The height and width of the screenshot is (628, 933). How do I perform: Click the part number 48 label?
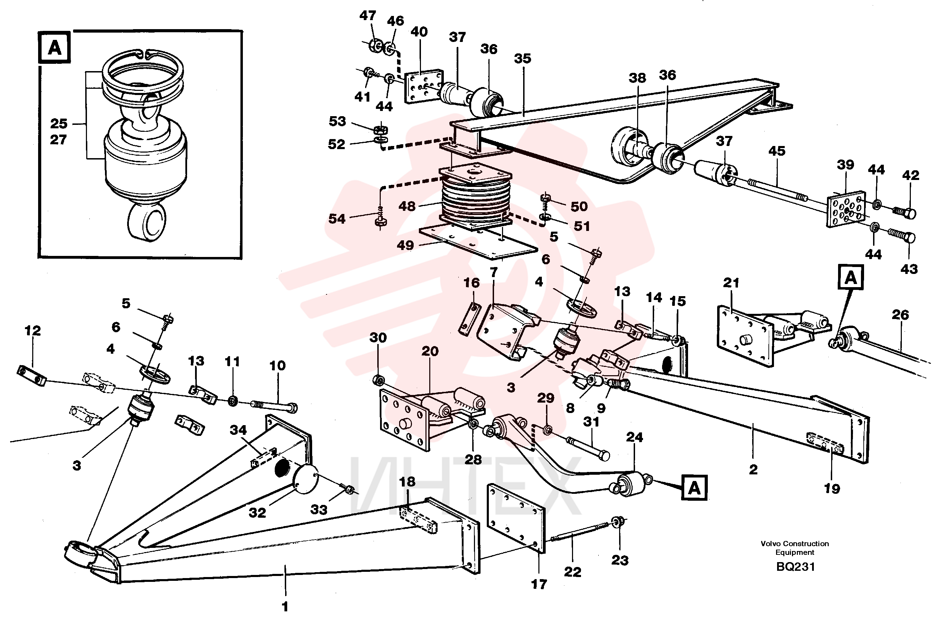point(407,206)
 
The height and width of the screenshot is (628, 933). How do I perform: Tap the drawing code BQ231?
point(795,567)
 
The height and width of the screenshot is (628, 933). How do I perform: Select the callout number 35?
point(522,59)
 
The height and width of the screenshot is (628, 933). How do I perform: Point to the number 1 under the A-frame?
point(285,607)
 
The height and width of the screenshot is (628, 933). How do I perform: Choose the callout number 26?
point(900,315)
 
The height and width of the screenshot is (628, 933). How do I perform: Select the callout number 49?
point(405,245)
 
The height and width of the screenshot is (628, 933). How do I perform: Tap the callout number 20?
point(430,351)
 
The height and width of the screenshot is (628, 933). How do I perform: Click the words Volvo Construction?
point(794,543)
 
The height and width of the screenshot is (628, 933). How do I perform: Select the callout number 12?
point(33,330)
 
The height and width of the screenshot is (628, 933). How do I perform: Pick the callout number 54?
point(336,219)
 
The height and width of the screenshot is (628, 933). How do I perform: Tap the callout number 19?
point(832,489)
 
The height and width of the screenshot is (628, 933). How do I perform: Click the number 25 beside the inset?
point(59,123)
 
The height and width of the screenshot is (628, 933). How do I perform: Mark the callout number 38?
point(637,78)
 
